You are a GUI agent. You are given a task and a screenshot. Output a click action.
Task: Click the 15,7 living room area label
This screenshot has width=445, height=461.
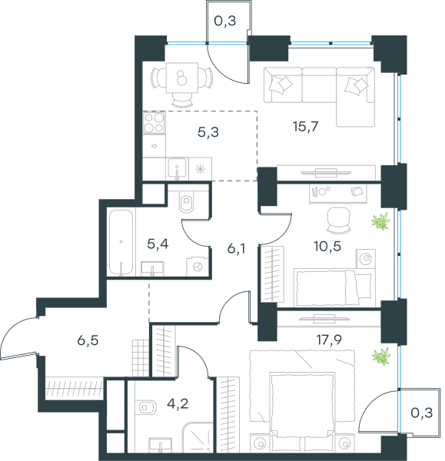point(306,127)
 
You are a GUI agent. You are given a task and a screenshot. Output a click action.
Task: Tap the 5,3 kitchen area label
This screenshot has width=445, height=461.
point(208,132)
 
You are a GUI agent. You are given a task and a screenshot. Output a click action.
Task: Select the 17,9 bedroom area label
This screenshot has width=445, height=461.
point(329,340)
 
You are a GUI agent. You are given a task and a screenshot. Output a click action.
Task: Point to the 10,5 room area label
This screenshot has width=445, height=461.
point(327,246)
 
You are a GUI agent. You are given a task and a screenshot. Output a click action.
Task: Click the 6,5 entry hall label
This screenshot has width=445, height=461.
point(88,340)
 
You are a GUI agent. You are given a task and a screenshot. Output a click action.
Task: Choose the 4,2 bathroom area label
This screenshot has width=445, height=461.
point(178,403)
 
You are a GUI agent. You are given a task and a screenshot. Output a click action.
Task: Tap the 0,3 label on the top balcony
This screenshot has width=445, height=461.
point(225,22)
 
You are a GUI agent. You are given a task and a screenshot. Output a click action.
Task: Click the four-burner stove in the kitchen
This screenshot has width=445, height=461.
point(154,122)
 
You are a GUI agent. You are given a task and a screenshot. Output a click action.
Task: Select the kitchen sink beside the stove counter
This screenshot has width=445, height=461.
point(177,169)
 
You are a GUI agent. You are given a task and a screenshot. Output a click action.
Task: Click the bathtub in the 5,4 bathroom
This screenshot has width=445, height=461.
point(121,243)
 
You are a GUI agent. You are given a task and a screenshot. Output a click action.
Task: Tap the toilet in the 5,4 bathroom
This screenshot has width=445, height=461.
point(187,201)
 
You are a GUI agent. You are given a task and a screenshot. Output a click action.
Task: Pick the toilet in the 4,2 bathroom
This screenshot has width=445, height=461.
point(146,407)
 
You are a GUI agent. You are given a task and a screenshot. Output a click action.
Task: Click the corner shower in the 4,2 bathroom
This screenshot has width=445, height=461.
point(198,437)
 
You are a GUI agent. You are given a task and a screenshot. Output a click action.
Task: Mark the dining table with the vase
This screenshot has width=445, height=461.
point(181,78)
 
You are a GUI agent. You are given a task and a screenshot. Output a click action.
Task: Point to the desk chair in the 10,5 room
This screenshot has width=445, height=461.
point(339,221)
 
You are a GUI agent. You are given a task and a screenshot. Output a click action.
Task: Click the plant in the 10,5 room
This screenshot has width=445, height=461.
point(381,221)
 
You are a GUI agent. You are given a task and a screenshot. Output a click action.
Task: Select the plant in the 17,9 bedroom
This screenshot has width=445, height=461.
point(381,357)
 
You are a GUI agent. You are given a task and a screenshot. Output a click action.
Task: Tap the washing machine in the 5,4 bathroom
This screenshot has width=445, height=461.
point(198,267)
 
